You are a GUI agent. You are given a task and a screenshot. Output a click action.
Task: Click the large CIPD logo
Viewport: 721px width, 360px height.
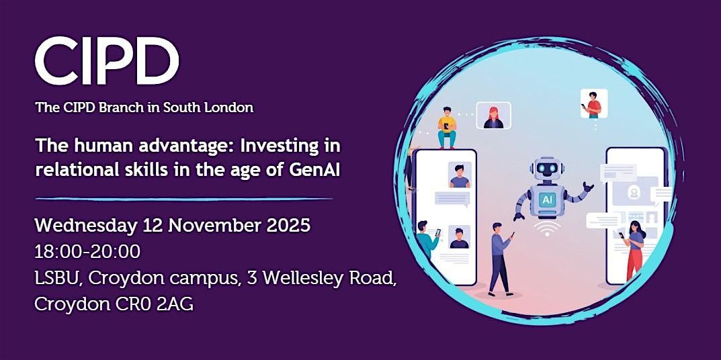tap(107, 62)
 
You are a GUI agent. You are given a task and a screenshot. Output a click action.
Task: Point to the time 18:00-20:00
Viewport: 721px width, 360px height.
tap(87, 252)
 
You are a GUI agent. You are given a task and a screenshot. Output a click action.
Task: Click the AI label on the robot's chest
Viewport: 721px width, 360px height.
tap(548, 199)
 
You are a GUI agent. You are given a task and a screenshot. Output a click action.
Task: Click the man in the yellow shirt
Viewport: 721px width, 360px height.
tap(447, 128)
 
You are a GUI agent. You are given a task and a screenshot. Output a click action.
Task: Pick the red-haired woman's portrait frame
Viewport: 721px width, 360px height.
tap(493, 116)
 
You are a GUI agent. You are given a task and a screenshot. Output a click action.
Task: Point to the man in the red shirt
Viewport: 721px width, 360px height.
tap(593, 104)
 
